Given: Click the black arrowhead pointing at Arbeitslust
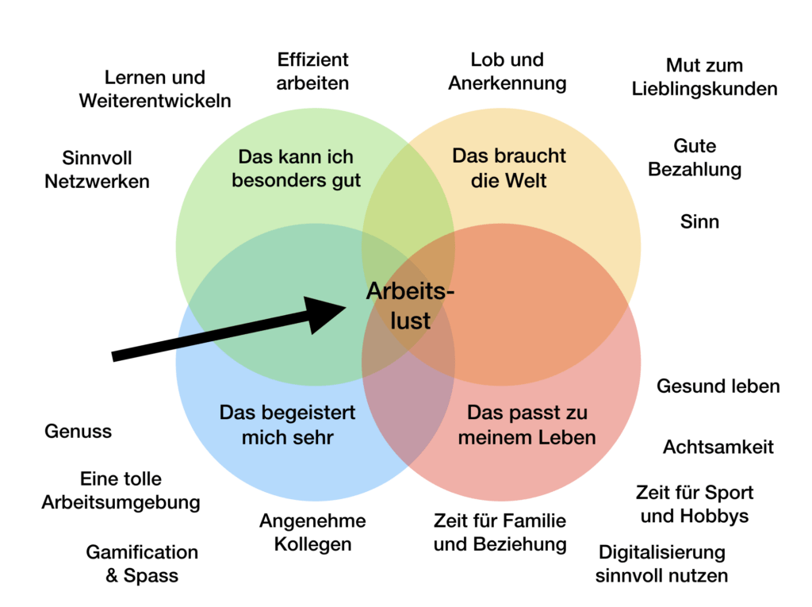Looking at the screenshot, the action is pos(322,313).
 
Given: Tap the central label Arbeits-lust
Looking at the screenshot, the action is pos(410,305).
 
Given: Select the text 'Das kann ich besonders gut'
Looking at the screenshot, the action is pos(296,168).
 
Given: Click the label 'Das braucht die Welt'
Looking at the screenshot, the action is pos(508,168).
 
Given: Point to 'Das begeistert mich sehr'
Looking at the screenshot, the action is pos(287,425).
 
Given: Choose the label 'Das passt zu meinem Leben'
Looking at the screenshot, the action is pos(527,425).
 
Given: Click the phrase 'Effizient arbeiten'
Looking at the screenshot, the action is pos(312,71).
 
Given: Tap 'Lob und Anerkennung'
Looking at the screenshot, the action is pos(507,71).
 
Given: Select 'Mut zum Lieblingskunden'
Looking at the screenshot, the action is pos(704,77).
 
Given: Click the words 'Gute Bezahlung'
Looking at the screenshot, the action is pos(695,158).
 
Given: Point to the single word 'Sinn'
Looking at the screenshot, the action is pos(699,222).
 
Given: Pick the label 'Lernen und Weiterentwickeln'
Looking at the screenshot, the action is pos(155,89).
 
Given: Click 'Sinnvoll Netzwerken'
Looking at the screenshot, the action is pos(97,170).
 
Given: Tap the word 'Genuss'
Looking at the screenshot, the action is pos(78,432).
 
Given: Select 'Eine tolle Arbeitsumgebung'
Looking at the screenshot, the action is pos(121,490).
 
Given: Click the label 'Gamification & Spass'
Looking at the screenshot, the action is pos(142,564).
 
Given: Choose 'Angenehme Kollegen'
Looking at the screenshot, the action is pos(312,532).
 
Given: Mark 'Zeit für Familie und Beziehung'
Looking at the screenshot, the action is pos(500,532).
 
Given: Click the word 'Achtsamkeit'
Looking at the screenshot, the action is pos(718,447).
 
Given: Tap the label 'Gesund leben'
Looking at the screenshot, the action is pos(718,386).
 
